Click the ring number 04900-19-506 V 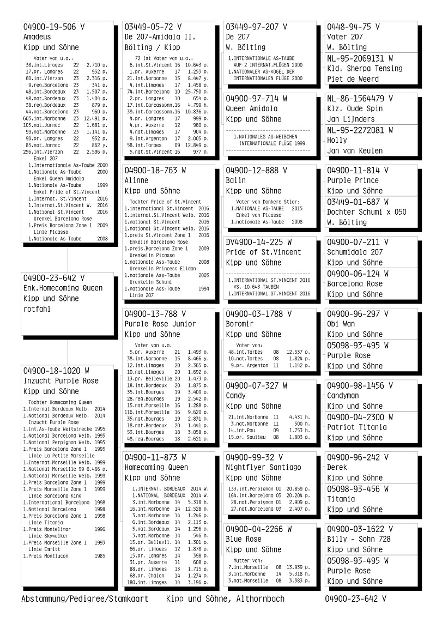point(54,27)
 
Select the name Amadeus point(37,37)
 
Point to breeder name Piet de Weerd point(353,79)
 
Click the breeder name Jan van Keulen point(355,150)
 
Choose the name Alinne point(136,180)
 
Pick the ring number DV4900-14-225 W point(259,241)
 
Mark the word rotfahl point(37,309)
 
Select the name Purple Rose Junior point(160,324)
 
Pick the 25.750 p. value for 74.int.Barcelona point(200,92)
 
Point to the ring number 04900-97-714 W point(256,99)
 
